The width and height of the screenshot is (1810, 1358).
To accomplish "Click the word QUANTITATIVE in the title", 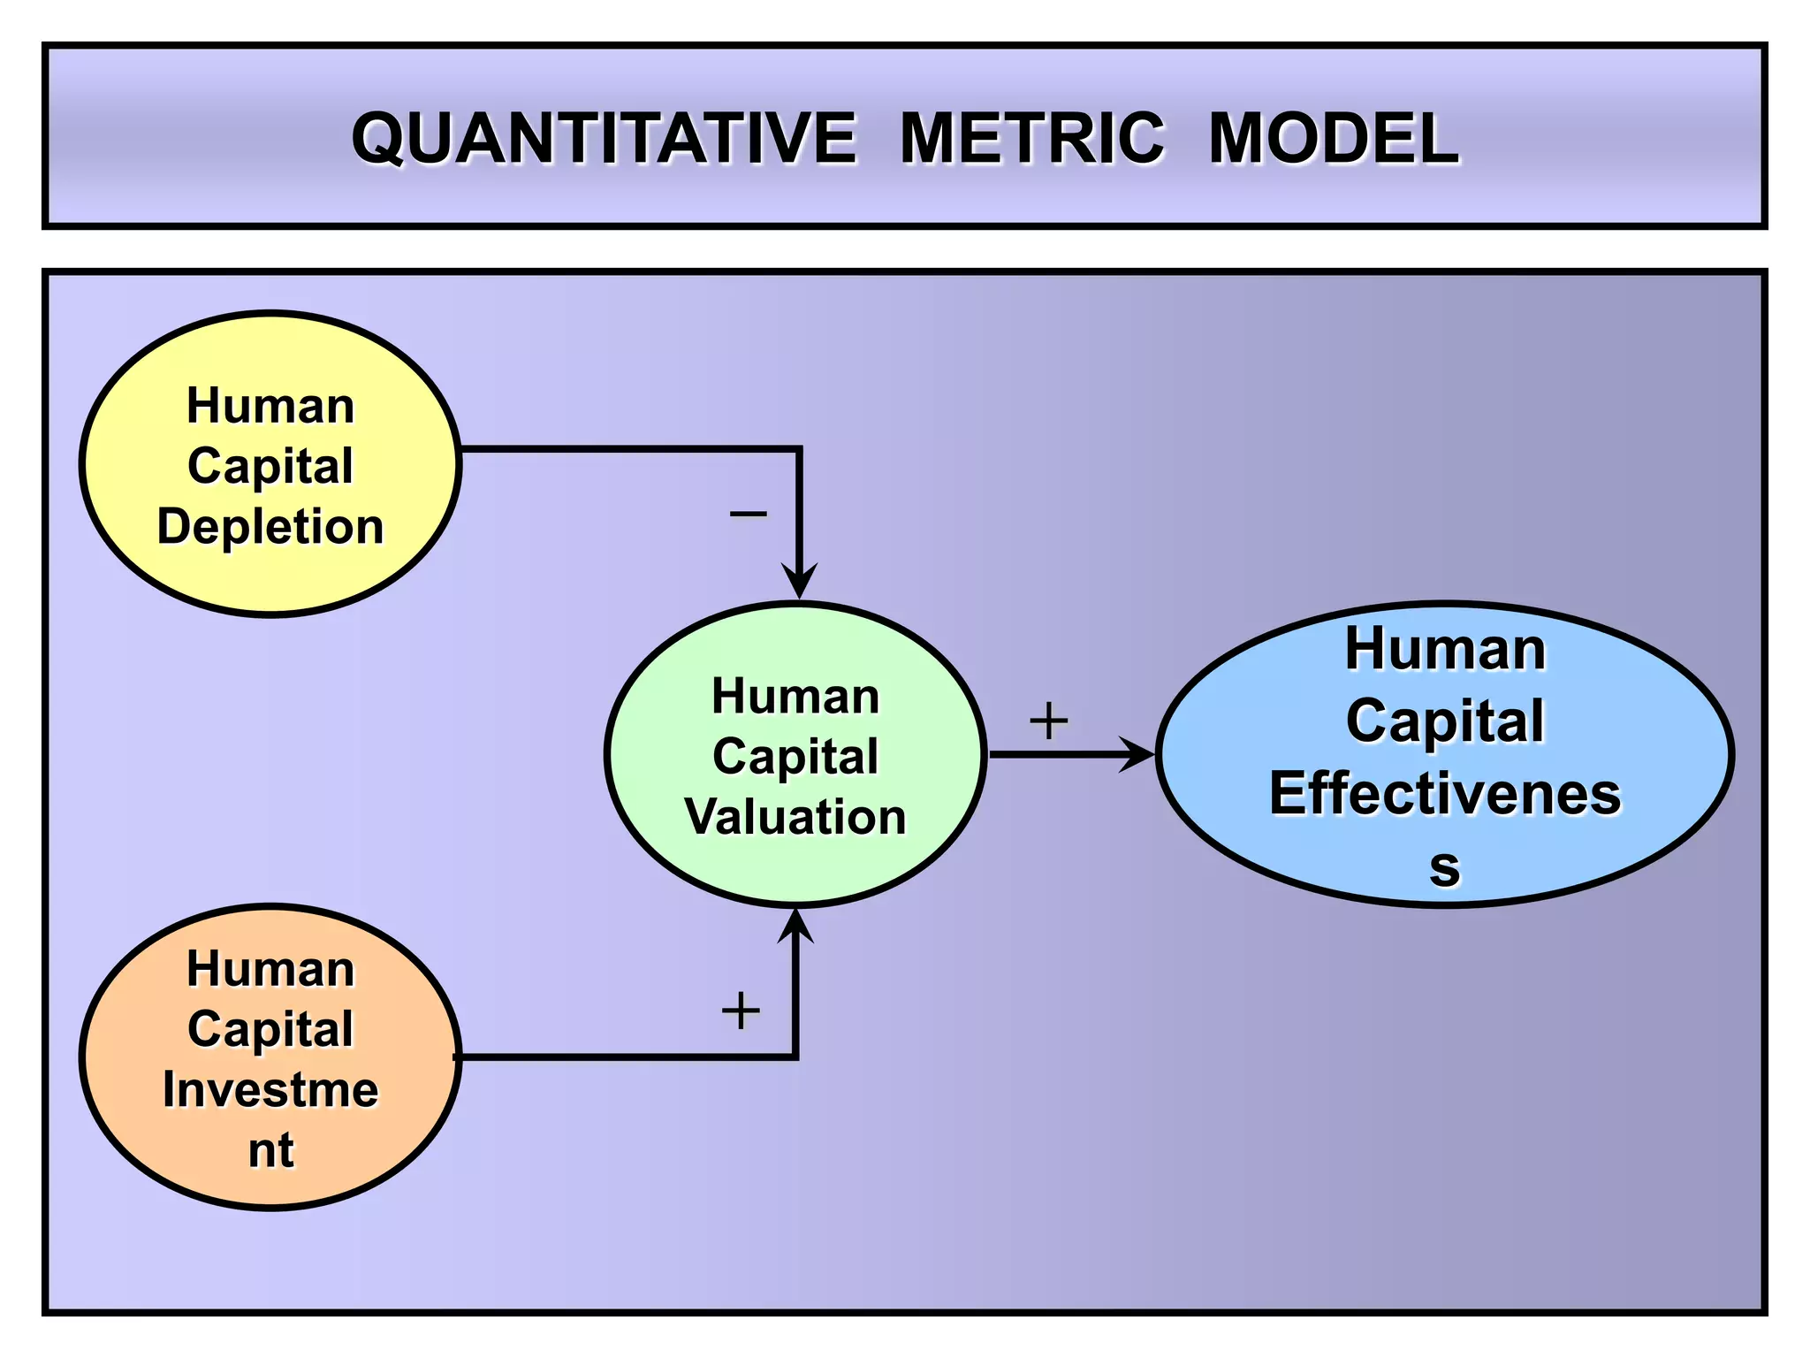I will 604,139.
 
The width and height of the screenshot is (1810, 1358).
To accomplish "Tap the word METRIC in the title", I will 1032,139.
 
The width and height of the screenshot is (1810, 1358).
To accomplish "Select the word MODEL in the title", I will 1333,139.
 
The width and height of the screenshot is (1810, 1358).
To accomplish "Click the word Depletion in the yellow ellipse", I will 270,527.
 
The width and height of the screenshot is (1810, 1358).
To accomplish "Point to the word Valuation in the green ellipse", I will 795,816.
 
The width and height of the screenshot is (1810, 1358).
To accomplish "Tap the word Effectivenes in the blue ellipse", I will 1445,793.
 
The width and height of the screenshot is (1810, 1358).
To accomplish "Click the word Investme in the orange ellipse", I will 270,1089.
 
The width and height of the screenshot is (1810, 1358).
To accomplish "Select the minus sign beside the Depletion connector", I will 748,514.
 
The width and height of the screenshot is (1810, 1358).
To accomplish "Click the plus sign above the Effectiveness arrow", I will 1049,721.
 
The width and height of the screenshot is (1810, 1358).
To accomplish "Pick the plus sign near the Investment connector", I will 741,1011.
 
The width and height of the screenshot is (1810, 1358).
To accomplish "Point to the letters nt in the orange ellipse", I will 270,1150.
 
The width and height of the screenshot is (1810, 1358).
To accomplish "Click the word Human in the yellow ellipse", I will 270,406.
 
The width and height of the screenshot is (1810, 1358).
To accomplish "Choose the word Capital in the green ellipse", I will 795,757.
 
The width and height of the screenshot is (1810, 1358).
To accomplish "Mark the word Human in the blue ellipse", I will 1445,649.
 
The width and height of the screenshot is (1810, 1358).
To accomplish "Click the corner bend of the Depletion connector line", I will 798,450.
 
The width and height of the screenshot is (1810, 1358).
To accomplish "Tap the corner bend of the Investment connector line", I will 795,1056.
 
